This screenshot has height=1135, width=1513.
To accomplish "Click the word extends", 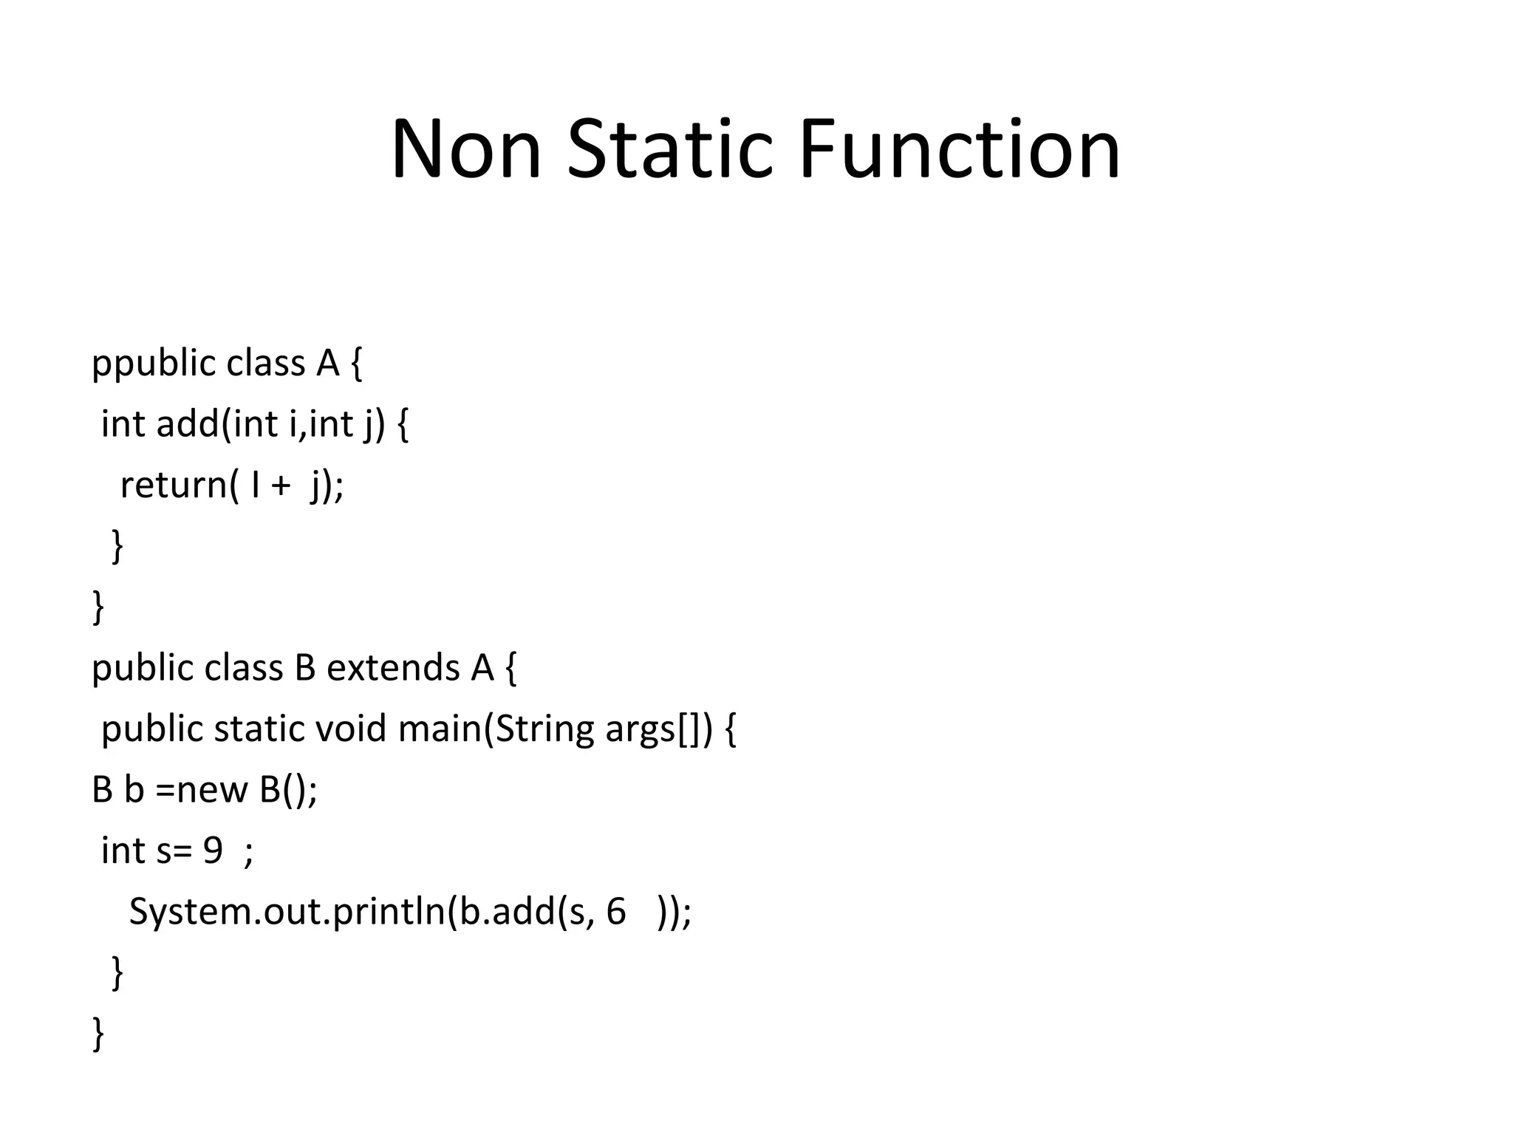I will [392, 668].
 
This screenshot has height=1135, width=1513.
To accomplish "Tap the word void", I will [351, 729].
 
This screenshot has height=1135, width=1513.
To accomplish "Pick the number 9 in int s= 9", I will [213, 851].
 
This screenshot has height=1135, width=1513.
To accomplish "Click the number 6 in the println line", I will [615, 912].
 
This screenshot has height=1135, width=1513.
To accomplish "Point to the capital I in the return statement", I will [256, 485].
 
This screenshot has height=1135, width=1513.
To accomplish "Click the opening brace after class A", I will [357, 364].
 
